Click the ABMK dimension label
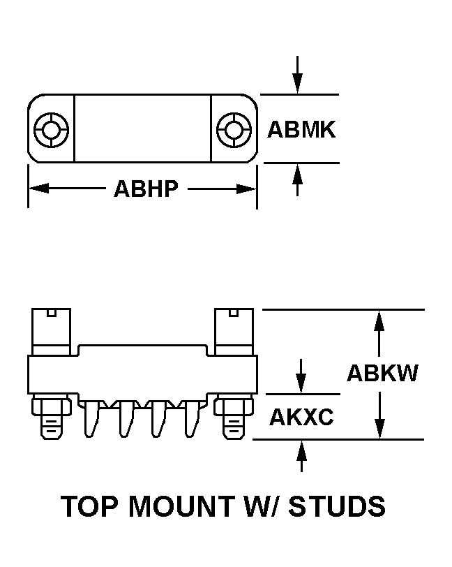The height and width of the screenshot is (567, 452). [x=301, y=129]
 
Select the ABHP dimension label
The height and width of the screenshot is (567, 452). [x=146, y=189]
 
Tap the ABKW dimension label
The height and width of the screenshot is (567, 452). [x=382, y=373]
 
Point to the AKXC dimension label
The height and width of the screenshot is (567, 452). [x=302, y=417]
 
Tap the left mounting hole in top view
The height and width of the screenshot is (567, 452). [x=51, y=130]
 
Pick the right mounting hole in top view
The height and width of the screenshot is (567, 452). [x=234, y=130]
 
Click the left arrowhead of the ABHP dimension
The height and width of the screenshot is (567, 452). [x=38, y=189]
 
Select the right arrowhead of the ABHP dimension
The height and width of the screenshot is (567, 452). [x=246, y=189]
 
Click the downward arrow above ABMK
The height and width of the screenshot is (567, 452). [x=297, y=75]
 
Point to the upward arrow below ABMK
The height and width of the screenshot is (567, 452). [x=297, y=179]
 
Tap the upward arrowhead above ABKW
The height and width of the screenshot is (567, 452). [x=379, y=321]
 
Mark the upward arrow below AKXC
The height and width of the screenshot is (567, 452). [x=301, y=456]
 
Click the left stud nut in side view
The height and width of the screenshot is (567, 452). [x=51, y=405]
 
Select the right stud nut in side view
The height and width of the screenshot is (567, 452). [x=234, y=405]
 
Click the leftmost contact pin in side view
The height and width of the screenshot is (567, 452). [x=92, y=419]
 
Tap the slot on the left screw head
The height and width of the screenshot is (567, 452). [x=52, y=312]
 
